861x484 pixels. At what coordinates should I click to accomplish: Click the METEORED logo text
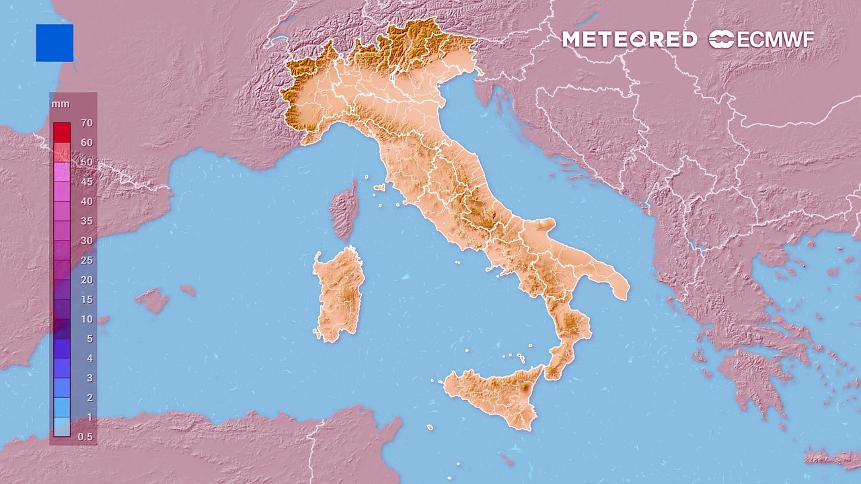[629, 40]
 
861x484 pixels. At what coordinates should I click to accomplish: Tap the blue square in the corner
[54, 43]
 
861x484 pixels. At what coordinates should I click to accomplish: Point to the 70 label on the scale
[86, 123]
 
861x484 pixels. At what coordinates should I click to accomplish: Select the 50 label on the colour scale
[86, 162]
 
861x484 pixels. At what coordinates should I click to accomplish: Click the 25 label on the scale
[86, 260]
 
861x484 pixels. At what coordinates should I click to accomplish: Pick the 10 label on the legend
[86, 319]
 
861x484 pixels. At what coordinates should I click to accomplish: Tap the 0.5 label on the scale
[85, 437]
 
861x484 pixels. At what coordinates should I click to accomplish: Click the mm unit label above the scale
[60, 104]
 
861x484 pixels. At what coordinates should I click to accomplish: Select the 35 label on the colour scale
[86, 221]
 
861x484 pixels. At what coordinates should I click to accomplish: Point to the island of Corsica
[345, 208]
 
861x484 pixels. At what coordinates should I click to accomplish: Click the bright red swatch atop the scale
[62, 132]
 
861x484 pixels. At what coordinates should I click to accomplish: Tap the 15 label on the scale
[86, 300]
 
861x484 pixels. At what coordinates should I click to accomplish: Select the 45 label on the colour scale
[86, 182]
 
